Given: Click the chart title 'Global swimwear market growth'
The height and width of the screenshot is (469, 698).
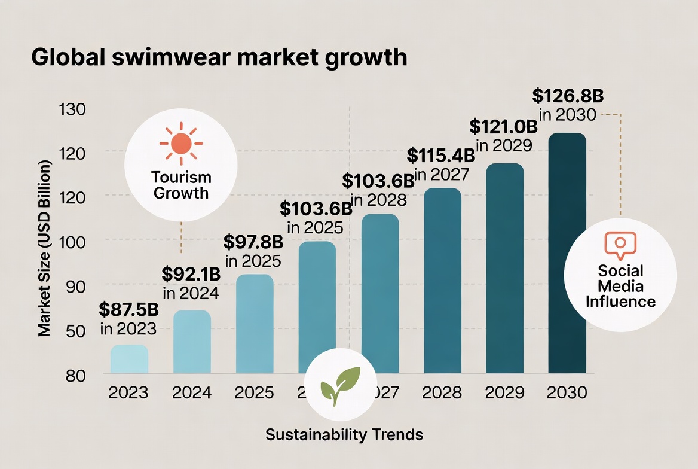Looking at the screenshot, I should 219,57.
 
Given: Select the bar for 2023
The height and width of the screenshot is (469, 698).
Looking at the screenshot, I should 129,360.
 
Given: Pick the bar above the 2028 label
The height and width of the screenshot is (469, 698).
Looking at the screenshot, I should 442,281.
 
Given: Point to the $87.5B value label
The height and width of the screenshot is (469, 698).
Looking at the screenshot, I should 128,310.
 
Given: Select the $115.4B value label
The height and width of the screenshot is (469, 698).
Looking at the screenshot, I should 441,156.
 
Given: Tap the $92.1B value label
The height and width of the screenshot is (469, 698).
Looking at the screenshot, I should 191,275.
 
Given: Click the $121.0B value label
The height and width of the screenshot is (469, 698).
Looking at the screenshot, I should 504,127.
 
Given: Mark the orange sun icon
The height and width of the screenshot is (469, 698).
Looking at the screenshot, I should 181,144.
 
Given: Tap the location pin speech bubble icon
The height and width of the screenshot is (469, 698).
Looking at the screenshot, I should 620,245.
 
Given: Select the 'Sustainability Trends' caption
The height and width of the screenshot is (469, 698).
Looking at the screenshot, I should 344,435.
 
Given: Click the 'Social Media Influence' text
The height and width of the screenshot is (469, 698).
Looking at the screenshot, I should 620,287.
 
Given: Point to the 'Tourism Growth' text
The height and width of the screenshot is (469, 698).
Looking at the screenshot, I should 181,185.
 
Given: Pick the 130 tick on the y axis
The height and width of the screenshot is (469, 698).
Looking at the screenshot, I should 74,109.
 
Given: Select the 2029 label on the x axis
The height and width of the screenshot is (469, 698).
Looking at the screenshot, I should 504,393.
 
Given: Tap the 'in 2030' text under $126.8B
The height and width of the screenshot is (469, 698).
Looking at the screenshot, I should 567,115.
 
